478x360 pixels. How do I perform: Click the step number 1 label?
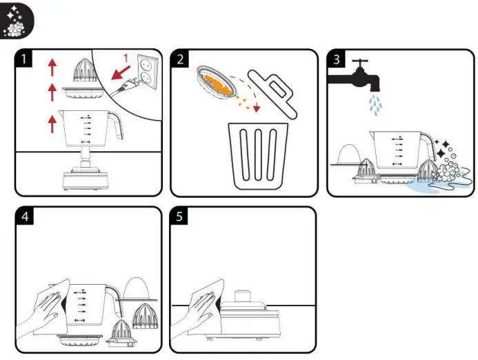pyautogui.click(x=25, y=59)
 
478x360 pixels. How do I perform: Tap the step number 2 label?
pyautogui.click(x=181, y=59)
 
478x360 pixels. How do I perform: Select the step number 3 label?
pyautogui.click(x=336, y=59)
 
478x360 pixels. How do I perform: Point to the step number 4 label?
pyautogui.click(x=25, y=217)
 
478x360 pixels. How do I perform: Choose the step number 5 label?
pyautogui.click(x=181, y=217)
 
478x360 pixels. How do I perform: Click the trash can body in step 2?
pyautogui.click(x=259, y=155)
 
